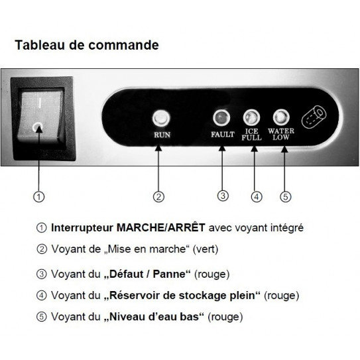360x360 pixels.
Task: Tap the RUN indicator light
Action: click(159, 119)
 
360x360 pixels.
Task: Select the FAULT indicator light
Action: click(222, 119)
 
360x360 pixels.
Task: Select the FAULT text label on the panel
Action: click(222, 134)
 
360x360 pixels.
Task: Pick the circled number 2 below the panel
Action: click(158, 196)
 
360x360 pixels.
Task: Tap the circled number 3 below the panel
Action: click(223, 196)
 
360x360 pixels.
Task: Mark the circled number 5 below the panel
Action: click(285, 196)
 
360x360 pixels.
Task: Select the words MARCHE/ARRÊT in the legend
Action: click(160, 228)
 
